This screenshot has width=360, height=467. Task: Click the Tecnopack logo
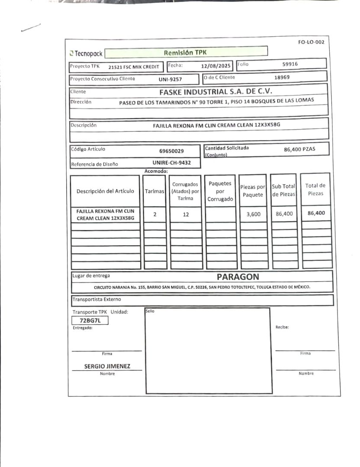click(x=86, y=54)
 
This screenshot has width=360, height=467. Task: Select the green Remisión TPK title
click(x=186, y=52)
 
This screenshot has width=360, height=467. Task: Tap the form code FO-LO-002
click(x=311, y=42)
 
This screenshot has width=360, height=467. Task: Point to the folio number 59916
click(x=290, y=64)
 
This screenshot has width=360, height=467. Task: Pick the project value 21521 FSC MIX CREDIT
click(x=134, y=67)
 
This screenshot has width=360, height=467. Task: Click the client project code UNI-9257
click(x=170, y=80)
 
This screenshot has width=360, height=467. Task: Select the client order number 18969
click(x=282, y=77)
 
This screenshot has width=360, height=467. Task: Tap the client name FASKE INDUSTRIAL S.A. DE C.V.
click(x=215, y=92)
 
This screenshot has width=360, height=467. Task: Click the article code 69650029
click(x=171, y=151)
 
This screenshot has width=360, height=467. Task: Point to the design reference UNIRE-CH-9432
click(x=170, y=163)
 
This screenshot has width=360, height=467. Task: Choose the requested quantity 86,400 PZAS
click(x=299, y=149)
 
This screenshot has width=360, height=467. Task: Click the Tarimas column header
click(x=154, y=191)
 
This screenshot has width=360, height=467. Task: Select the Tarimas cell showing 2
click(x=154, y=214)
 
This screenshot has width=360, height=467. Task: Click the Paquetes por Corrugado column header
click(x=220, y=191)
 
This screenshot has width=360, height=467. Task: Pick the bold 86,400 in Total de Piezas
click(x=316, y=213)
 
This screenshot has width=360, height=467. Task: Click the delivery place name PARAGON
click(x=238, y=277)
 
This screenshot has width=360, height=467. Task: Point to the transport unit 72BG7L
click(x=90, y=320)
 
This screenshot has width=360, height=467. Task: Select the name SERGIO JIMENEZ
click(x=107, y=366)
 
